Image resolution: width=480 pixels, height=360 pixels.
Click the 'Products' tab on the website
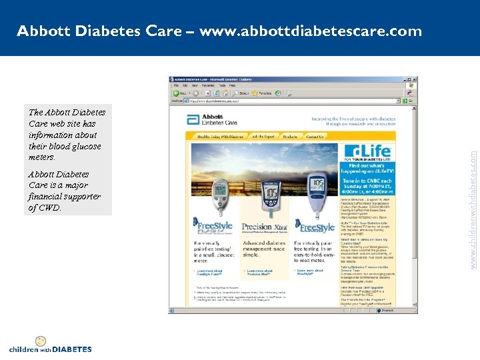tap(290, 137)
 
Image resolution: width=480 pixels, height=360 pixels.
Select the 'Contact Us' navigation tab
tap(315, 137)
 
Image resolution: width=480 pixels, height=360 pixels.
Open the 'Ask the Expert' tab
tap(263, 137)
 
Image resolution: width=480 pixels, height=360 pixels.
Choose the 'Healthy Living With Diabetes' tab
tap(221, 137)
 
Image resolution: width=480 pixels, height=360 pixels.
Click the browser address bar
tap(293, 101)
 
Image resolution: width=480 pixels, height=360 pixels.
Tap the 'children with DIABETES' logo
tap(50, 345)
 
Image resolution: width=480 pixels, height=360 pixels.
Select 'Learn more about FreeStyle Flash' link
tap(213, 273)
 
